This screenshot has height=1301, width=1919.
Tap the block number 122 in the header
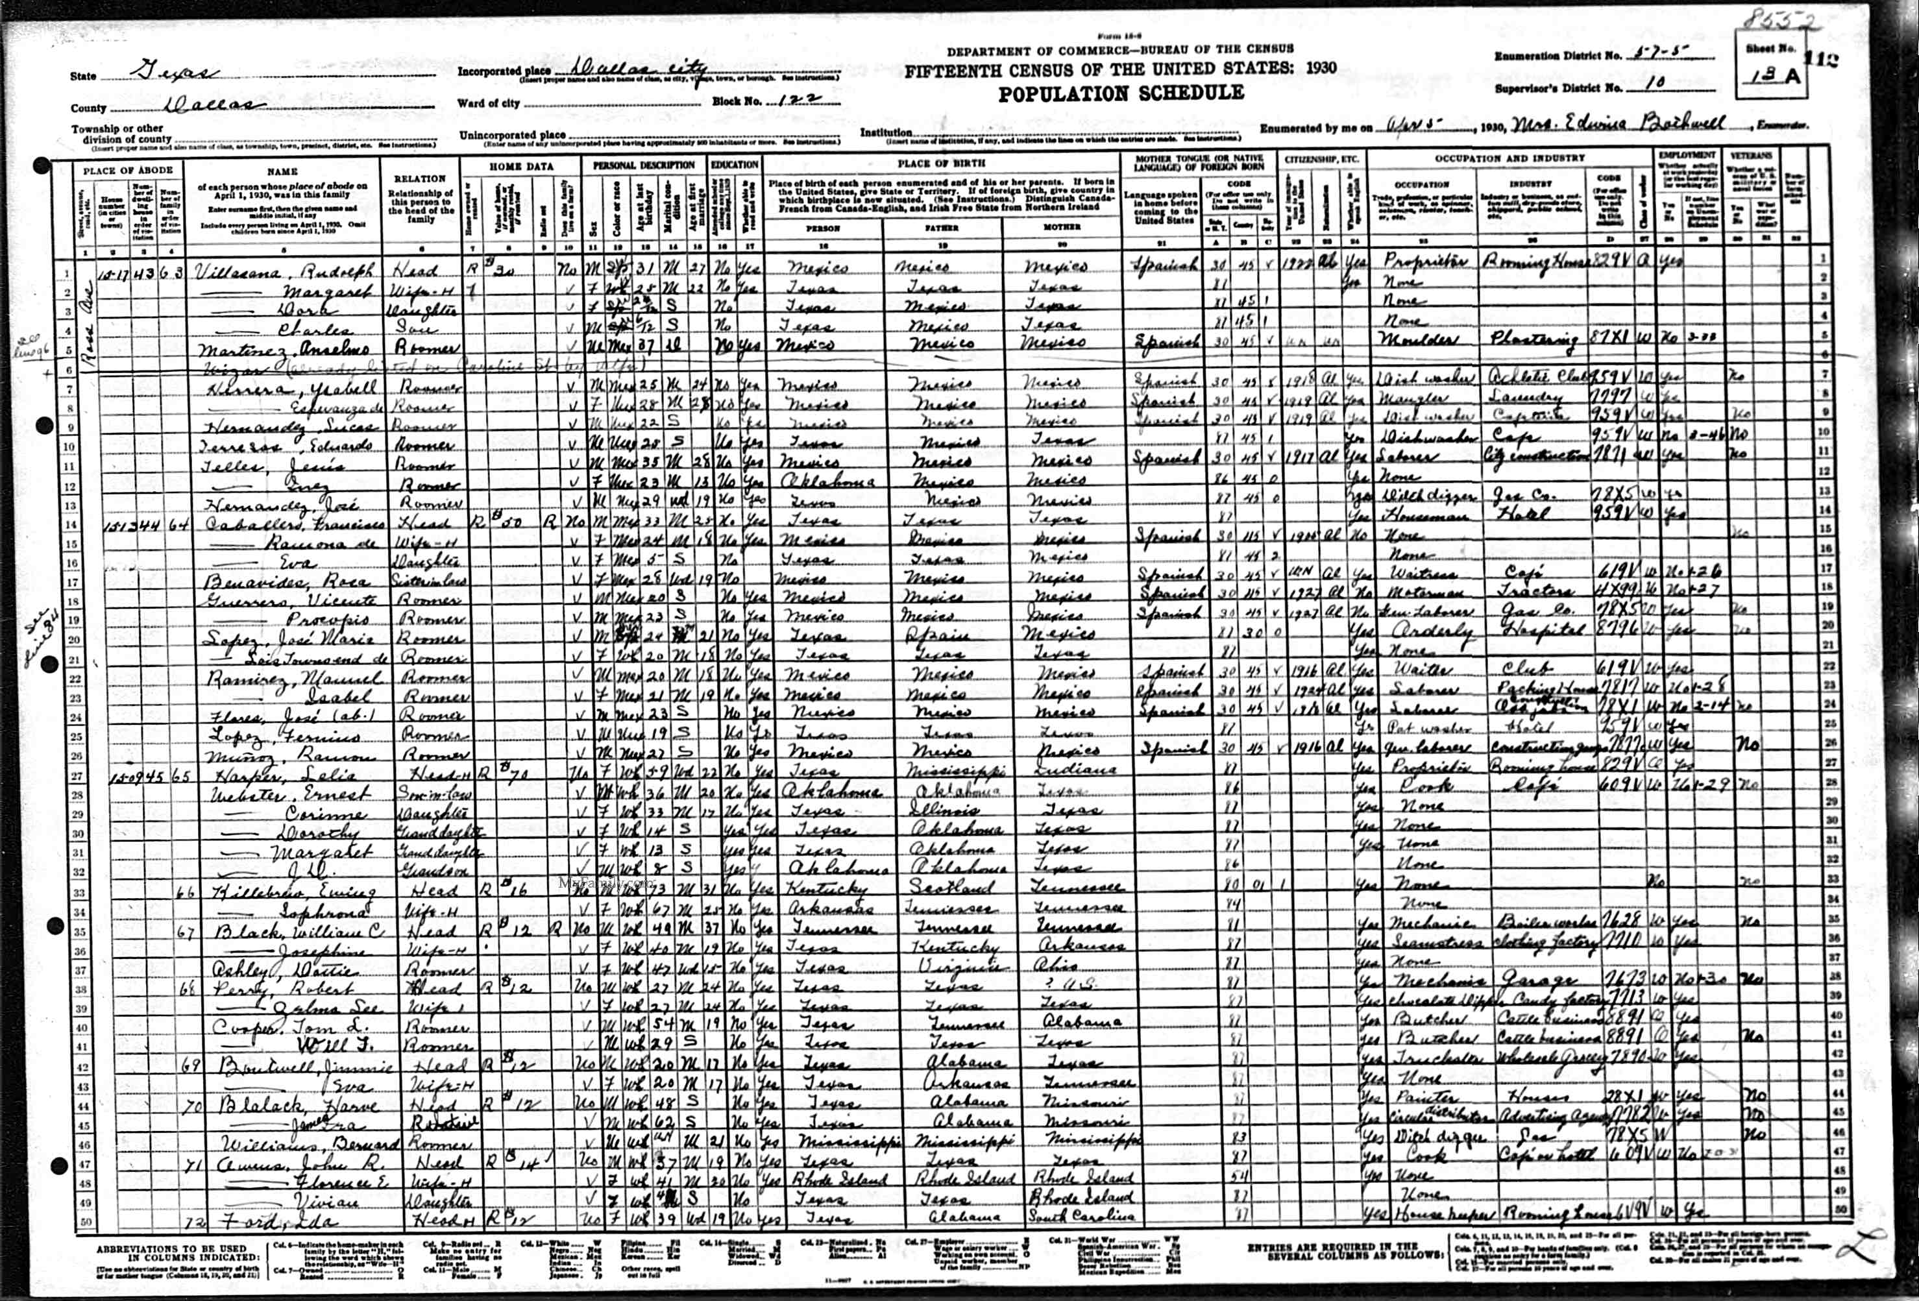click(x=790, y=101)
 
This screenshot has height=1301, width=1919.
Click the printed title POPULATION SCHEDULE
click(x=1121, y=93)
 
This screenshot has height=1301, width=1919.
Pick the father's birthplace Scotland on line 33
click(x=940, y=888)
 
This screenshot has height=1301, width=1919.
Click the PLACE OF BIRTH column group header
click(x=942, y=164)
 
